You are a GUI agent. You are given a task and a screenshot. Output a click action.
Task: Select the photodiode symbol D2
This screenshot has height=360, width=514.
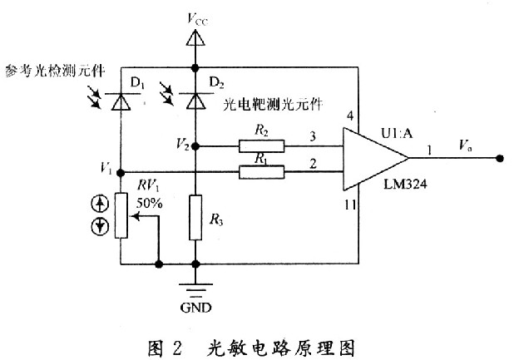195,101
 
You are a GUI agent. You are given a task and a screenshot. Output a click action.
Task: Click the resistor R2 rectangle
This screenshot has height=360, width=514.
260,146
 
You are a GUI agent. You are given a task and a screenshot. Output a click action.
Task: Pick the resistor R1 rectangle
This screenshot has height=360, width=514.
260,172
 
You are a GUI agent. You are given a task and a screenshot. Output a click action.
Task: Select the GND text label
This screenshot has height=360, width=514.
195,308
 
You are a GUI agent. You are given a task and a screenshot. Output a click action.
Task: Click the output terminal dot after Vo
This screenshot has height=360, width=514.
501,159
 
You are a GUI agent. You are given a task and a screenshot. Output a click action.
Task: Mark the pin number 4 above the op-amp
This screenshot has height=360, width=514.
351,116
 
